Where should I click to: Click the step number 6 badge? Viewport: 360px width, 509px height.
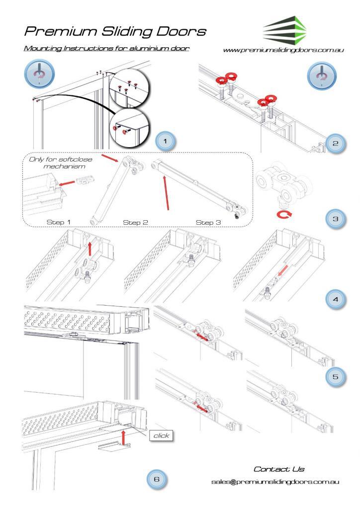point(158,479)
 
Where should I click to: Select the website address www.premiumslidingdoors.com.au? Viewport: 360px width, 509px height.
point(285,51)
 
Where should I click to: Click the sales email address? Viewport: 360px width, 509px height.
point(275,482)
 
